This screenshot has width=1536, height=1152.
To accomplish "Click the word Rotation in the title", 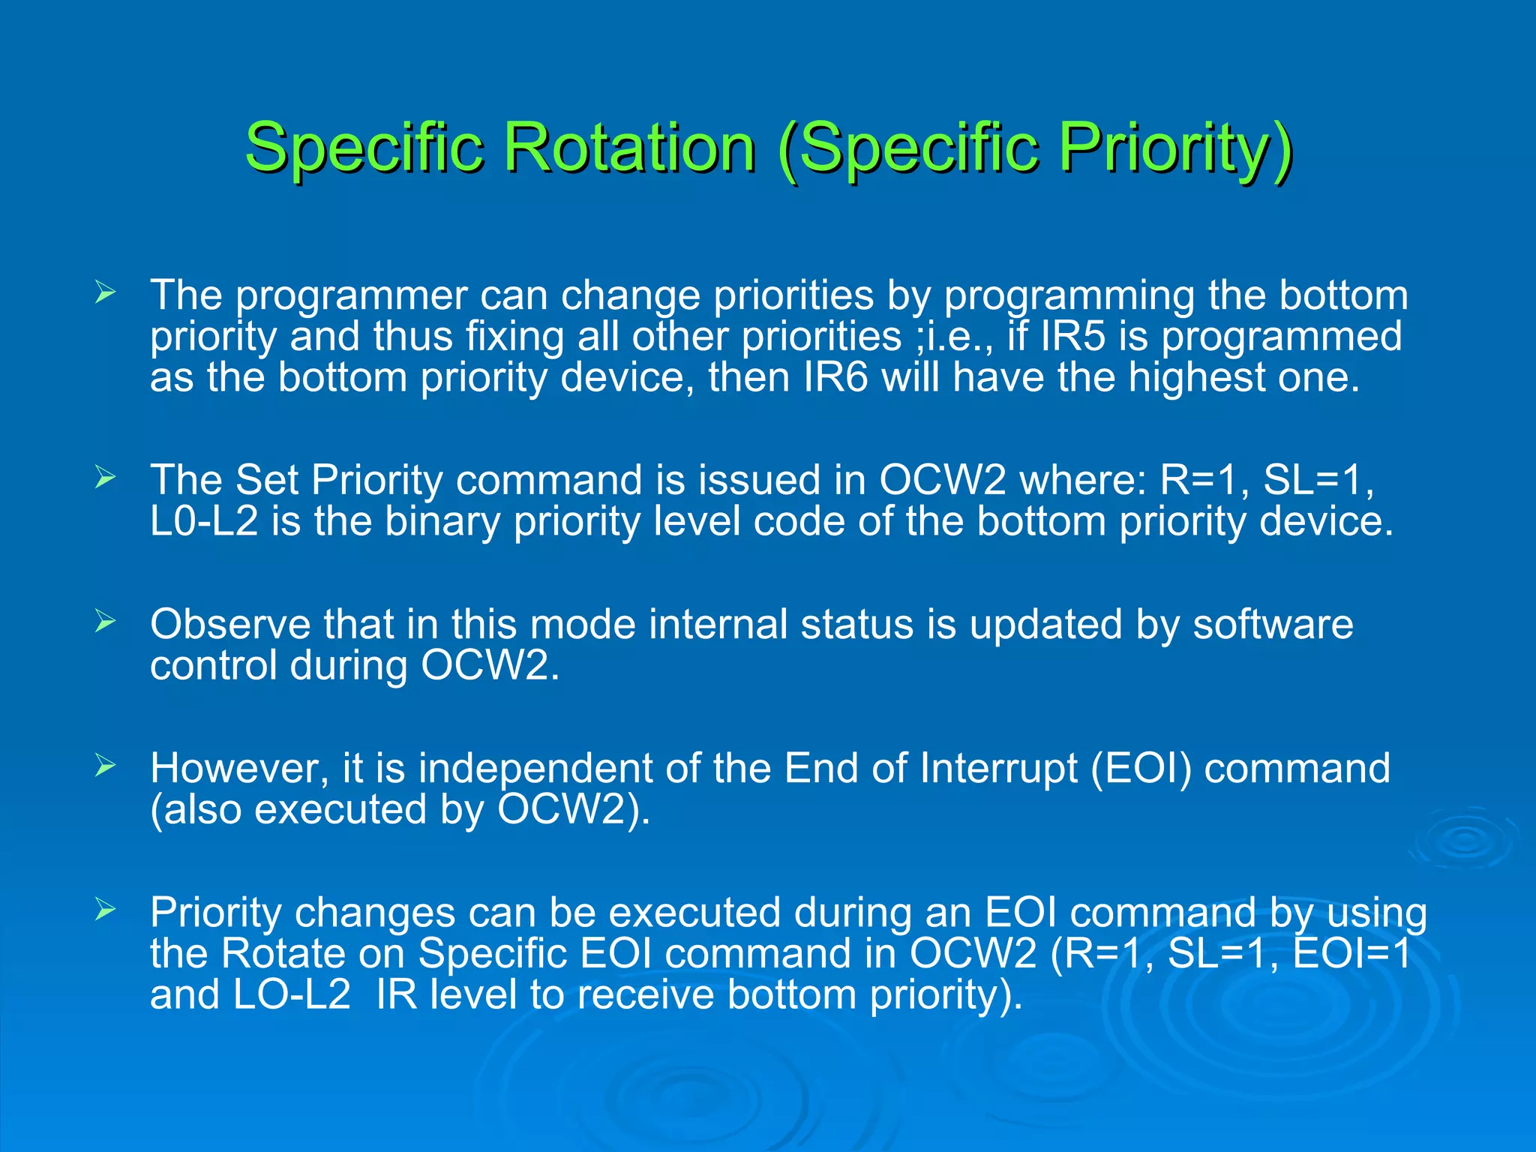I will click(x=628, y=147).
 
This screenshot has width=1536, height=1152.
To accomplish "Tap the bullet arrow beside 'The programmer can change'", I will click(x=105, y=292).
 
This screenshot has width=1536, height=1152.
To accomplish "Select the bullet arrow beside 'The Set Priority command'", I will click(x=105, y=477).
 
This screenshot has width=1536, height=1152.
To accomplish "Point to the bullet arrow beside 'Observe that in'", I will click(x=105, y=621).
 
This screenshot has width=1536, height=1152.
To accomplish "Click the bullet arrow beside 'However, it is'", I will click(x=105, y=765).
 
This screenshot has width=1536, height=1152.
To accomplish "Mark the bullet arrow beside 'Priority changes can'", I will click(x=105, y=910).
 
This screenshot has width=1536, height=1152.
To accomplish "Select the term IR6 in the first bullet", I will click(x=835, y=377).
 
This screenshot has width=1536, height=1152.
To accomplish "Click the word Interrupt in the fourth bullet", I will click(x=998, y=768).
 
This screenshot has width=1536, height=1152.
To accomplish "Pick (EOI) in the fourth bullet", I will click(x=1140, y=768).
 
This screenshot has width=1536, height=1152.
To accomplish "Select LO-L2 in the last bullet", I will click(x=292, y=994).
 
